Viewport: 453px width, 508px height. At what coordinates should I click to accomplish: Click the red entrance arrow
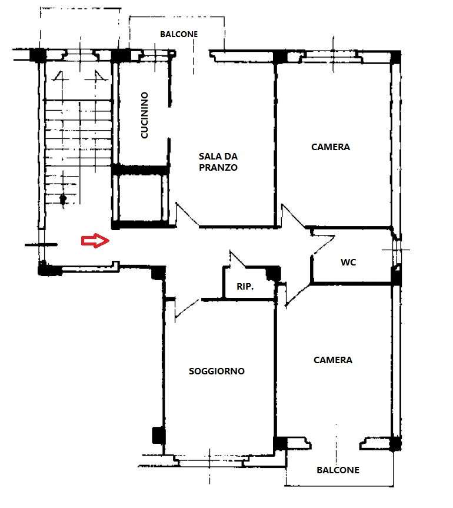pos(95,241)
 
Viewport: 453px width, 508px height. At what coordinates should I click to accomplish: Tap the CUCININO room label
pos(144,115)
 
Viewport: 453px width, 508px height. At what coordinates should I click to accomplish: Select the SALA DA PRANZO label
pos(218,162)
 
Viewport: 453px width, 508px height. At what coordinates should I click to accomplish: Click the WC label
pos(348,262)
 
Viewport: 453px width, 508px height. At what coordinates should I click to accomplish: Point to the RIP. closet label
pos(245,287)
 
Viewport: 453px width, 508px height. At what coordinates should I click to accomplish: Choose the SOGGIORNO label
pos(216,371)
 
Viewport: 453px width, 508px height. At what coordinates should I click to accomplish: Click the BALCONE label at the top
pos(179,34)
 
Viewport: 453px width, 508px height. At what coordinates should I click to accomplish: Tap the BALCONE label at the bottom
pos(338,470)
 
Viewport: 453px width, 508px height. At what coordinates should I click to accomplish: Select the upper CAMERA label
pos(330,147)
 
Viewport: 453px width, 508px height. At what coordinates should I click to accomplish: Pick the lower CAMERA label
pos(333,360)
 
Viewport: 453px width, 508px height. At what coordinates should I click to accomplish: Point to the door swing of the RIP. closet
pos(237,259)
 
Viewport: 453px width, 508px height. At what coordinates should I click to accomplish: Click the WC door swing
pos(324,245)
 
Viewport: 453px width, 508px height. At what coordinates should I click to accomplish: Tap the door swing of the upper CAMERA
pos(292,216)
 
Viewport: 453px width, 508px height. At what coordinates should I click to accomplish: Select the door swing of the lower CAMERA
pos(297,294)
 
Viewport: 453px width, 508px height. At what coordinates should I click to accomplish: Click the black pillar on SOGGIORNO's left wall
pos(159,436)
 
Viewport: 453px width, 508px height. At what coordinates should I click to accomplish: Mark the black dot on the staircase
pos(63,198)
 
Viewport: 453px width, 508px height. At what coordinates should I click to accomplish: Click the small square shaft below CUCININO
pos(140,198)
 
